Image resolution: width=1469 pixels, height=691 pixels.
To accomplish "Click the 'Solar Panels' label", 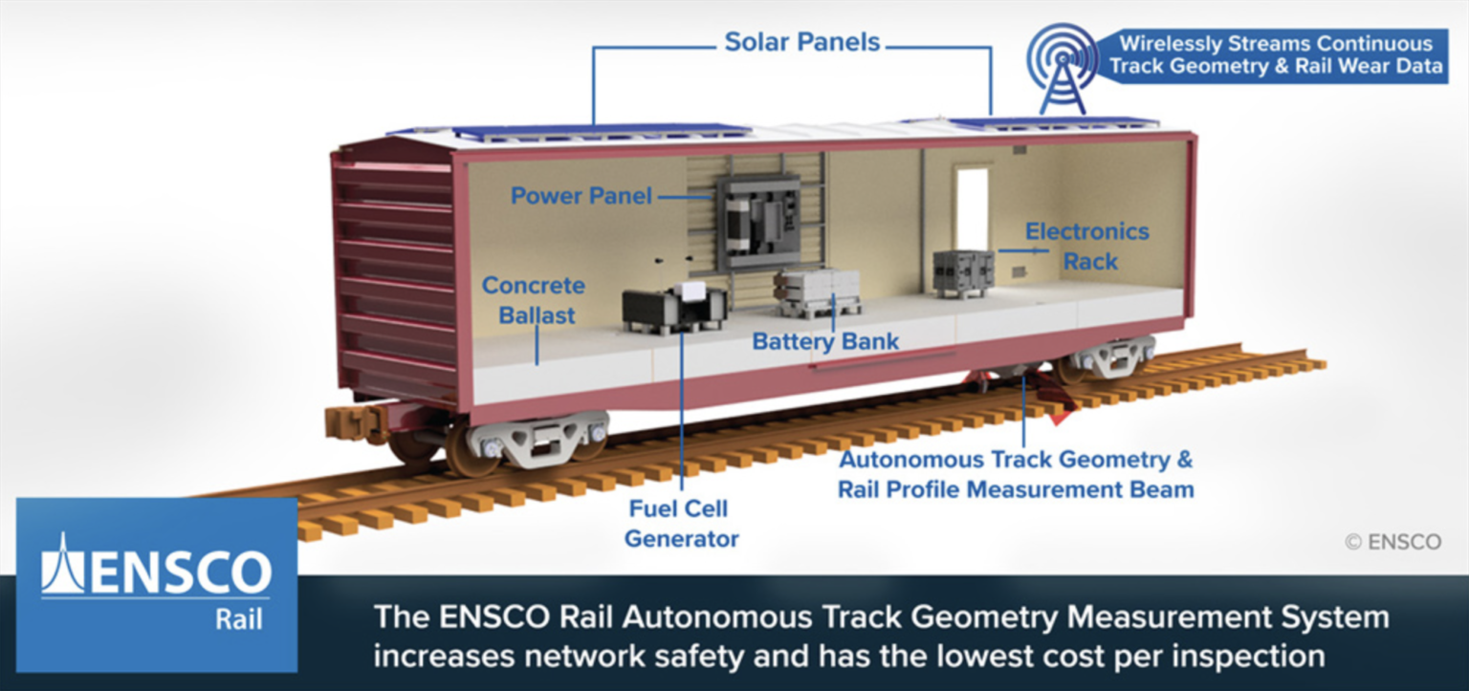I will (x=802, y=42).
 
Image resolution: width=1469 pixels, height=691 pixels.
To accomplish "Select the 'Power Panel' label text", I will (x=581, y=196).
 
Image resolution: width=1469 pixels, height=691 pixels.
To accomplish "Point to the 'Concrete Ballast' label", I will (x=533, y=300).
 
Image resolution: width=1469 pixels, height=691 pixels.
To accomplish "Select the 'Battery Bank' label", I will (x=825, y=341).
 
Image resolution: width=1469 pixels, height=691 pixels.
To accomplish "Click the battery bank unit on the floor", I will (x=817, y=291).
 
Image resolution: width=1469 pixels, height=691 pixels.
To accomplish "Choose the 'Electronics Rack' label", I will (x=1086, y=246).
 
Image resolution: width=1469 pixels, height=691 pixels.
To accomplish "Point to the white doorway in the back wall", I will (x=972, y=209).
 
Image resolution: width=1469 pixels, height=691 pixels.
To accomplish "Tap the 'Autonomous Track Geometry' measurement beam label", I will (x=1016, y=474).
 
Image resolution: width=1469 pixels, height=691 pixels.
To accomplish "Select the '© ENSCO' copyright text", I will (x=1392, y=542).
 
